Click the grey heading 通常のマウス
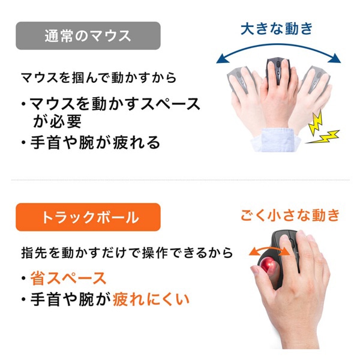tap(88, 35)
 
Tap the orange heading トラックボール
tap(88, 217)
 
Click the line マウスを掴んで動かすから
tap(99, 79)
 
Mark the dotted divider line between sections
tap(180, 179)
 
